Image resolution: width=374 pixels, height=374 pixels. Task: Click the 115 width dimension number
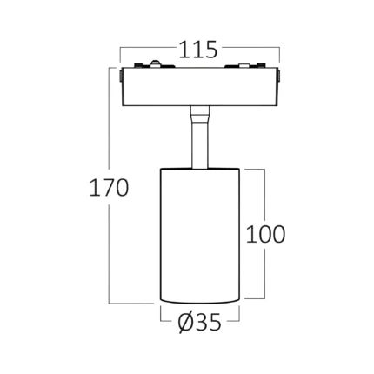pyautogui.click(x=198, y=50)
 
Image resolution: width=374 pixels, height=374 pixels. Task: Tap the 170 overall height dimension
pyautogui.click(x=109, y=188)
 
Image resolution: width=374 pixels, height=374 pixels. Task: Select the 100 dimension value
pyautogui.click(x=266, y=234)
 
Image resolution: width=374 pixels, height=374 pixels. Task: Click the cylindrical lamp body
pyautogui.click(x=200, y=236)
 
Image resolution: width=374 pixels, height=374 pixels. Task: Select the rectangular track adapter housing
pyautogui.click(x=200, y=87)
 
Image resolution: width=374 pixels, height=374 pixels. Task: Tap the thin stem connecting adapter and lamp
pyautogui.click(x=200, y=145)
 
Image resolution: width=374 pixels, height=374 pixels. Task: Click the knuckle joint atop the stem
pyautogui.click(x=200, y=114)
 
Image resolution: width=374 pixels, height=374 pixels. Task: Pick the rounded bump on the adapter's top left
pyautogui.click(x=156, y=63)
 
